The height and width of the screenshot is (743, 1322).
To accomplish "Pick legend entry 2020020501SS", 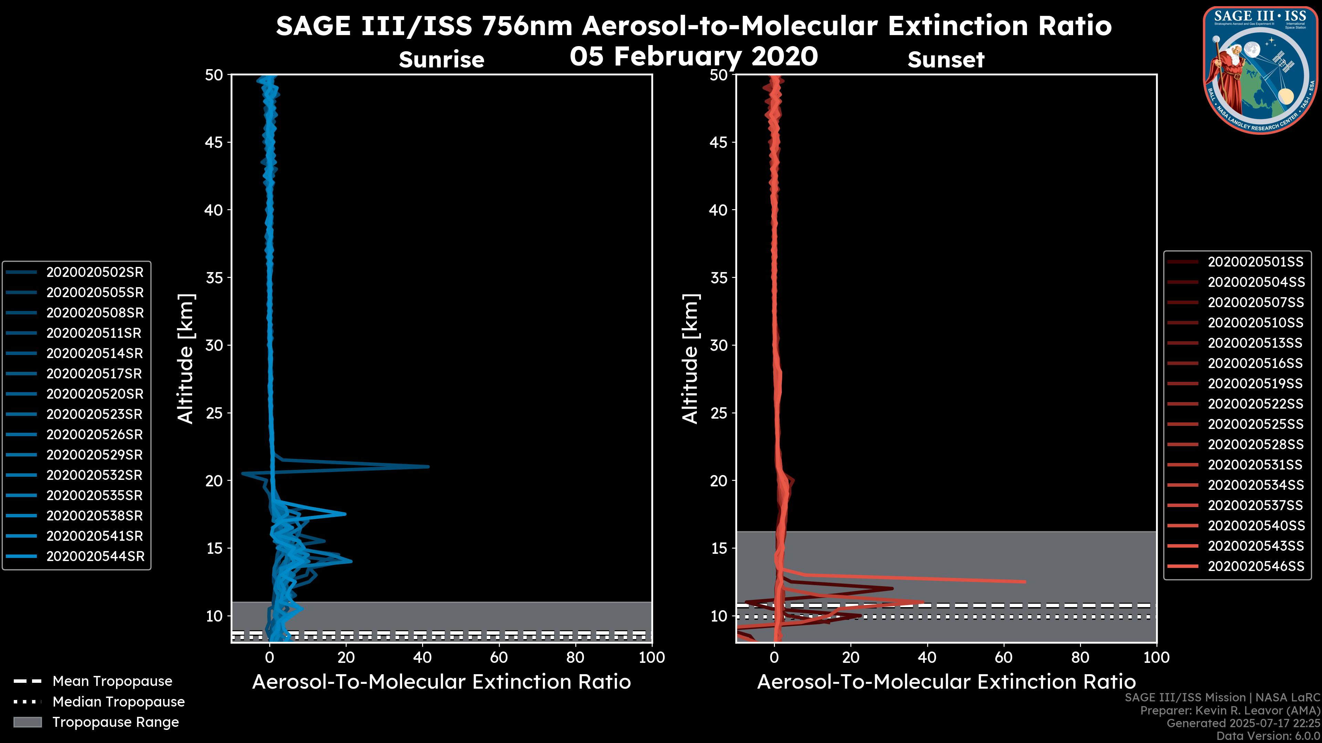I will [x=1255, y=262].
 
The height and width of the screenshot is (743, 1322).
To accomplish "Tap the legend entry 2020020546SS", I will [x=1255, y=566].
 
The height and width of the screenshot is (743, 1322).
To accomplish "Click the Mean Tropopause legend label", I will [x=112, y=681].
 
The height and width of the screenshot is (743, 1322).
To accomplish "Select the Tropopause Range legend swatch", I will [x=28, y=722].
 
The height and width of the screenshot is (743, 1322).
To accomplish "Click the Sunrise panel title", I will [x=441, y=60].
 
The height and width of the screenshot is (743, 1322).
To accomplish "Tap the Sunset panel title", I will [x=946, y=60].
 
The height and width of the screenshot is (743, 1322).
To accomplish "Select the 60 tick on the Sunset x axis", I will [x=1004, y=657].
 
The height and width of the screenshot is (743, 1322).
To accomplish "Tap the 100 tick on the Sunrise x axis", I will [x=651, y=657].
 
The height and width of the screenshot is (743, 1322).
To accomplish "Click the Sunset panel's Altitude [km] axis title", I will [x=690, y=358].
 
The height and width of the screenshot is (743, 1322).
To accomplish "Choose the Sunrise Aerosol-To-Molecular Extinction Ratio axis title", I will [x=441, y=682].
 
